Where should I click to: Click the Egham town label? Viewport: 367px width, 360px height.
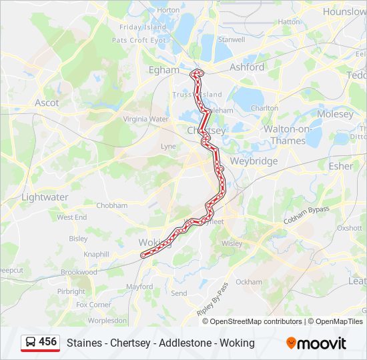point(164,69)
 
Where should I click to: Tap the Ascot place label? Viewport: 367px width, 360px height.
point(47,103)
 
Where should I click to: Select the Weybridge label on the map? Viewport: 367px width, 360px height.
point(254,161)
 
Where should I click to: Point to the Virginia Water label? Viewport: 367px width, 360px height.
point(145,119)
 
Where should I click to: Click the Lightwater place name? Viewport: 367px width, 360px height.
point(45,197)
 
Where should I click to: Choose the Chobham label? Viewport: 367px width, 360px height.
point(111,205)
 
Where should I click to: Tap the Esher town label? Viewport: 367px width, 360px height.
point(341,166)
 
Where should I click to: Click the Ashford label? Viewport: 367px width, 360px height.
point(247,67)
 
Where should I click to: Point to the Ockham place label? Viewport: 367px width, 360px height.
point(249,282)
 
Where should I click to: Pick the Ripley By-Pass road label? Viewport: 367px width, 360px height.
point(213,299)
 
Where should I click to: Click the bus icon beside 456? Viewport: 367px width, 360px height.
point(31,342)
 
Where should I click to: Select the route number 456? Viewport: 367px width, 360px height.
point(48,342)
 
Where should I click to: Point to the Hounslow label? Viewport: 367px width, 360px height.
point(344,11)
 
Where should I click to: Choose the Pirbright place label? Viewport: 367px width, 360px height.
point(71,291)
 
